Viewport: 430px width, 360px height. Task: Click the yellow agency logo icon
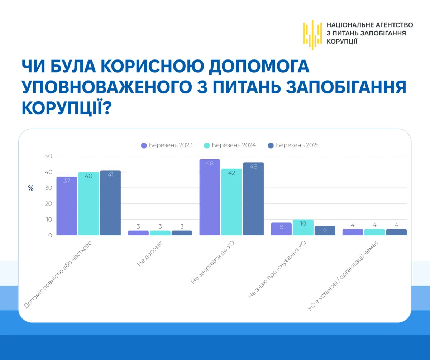[x=312, y=35]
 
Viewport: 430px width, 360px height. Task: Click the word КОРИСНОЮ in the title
[x=152, y=66]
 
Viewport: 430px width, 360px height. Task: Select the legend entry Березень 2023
[x=167, y=145]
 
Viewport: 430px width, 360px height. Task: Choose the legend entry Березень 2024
[x=230, y=145]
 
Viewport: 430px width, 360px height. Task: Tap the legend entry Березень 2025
[x=294, y=145]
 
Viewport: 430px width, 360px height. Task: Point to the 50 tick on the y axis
[x=49, y=156]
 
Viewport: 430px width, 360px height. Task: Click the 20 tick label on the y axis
[x=49, y=203]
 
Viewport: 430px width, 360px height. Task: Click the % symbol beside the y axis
[x=31, y=188]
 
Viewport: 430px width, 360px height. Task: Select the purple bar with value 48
[x=210, y=197]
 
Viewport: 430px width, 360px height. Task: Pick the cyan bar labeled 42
[x=231, y=202]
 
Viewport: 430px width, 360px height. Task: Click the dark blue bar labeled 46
[x=253, y=199]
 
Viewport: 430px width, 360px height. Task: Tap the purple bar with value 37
[x=67, y=206]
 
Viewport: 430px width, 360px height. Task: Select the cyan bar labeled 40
[x=89, y=203]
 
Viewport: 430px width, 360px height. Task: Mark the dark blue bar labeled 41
[x=110, y=203]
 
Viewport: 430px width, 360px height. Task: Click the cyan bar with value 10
[x=303, y=227]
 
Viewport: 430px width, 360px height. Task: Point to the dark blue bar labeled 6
[x=325, y=231]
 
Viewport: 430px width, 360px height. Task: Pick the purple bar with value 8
[x=281, y=229]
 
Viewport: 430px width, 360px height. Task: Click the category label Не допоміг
[x=150, y=253]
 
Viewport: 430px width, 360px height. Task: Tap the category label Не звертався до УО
[x=212, y=262]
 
